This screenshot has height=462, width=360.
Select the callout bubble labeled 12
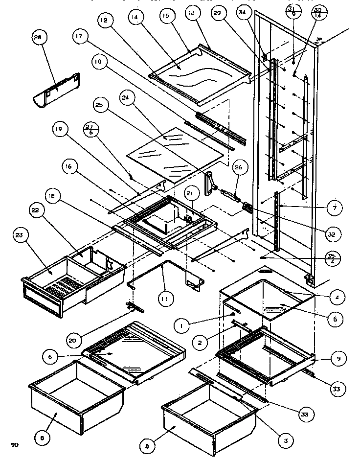pyautogui.click(x=104, y=20)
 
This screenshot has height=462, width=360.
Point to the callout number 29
pyautogui.click(x=217, y=15)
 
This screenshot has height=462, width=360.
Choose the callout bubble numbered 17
pyautogui.click(x=79, y=37)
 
